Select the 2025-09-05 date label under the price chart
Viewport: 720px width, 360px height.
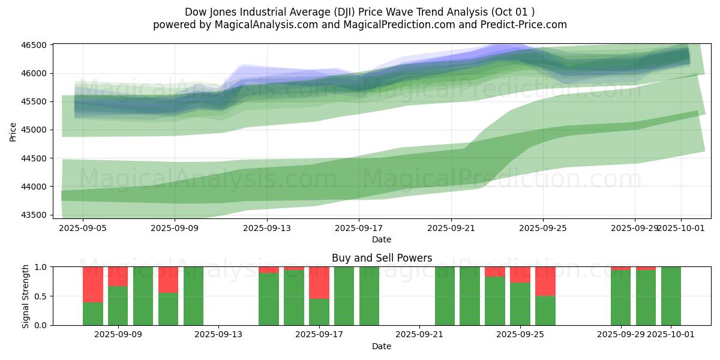coord(83,228)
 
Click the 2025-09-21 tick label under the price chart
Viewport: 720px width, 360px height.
coord(451,228)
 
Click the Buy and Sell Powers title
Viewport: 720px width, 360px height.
coord(382,259)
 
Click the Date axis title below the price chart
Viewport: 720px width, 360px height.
coord(382,239)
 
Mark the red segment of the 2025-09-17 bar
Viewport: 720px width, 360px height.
coord(319,282)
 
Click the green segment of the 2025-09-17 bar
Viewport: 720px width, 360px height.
coord(319,312)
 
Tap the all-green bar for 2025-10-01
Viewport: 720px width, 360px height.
coord(671,296)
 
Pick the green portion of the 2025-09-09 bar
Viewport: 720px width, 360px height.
coord(118,306)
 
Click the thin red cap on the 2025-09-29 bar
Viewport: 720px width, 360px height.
coord(620,268)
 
